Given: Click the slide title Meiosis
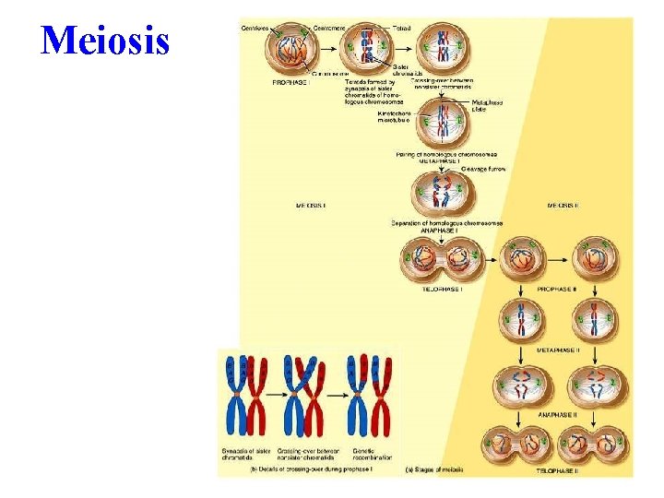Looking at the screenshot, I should [105, 41].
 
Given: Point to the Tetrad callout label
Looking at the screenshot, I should [404, 28].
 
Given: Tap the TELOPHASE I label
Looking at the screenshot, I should [443, 289].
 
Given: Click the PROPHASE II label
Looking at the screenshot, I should [558, 289].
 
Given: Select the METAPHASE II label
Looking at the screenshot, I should [559, 350].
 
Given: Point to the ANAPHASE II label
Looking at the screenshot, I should [559, 413].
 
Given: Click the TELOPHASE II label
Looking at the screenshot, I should [559, 471].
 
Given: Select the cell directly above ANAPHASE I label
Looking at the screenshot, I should [445, 193].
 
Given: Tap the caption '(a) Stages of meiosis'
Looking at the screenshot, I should [433, 470].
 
